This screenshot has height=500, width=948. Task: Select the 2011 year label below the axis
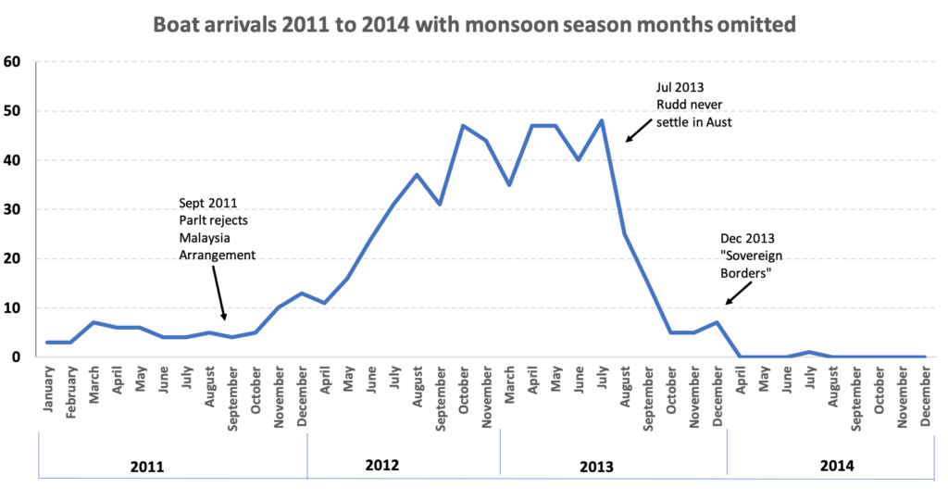coord(147,466)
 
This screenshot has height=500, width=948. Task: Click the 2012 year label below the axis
coord(382,465)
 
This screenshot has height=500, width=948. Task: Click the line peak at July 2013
coord(602,121)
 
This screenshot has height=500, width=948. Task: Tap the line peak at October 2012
coord(463,126)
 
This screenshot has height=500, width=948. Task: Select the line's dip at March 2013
coord(509,185)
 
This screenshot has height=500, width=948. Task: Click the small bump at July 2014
coord(810,352)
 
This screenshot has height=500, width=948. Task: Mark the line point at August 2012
coord(417,175)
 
